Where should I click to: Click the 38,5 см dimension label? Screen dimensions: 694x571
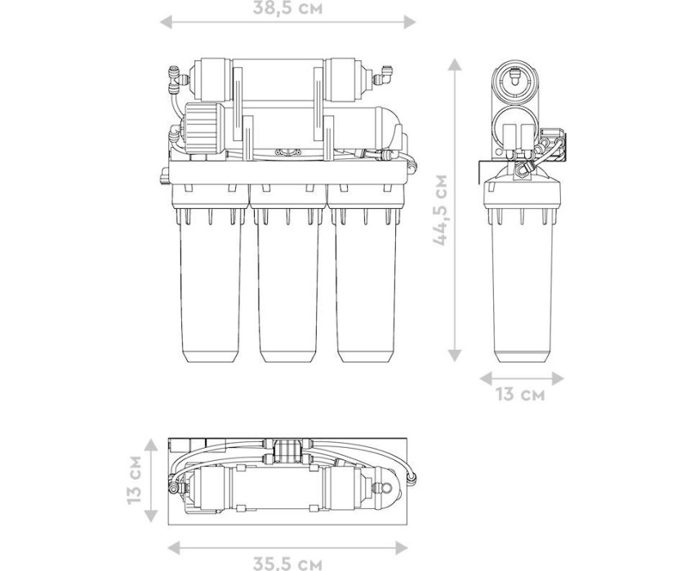(287, 8)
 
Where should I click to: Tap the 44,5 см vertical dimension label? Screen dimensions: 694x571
(441, 210)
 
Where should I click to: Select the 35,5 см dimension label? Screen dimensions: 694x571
(287, 564)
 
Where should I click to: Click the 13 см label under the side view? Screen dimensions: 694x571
(520, 394)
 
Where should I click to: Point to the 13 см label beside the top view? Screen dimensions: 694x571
(134, 480)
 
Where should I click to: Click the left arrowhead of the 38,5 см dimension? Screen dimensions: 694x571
(166, 21)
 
